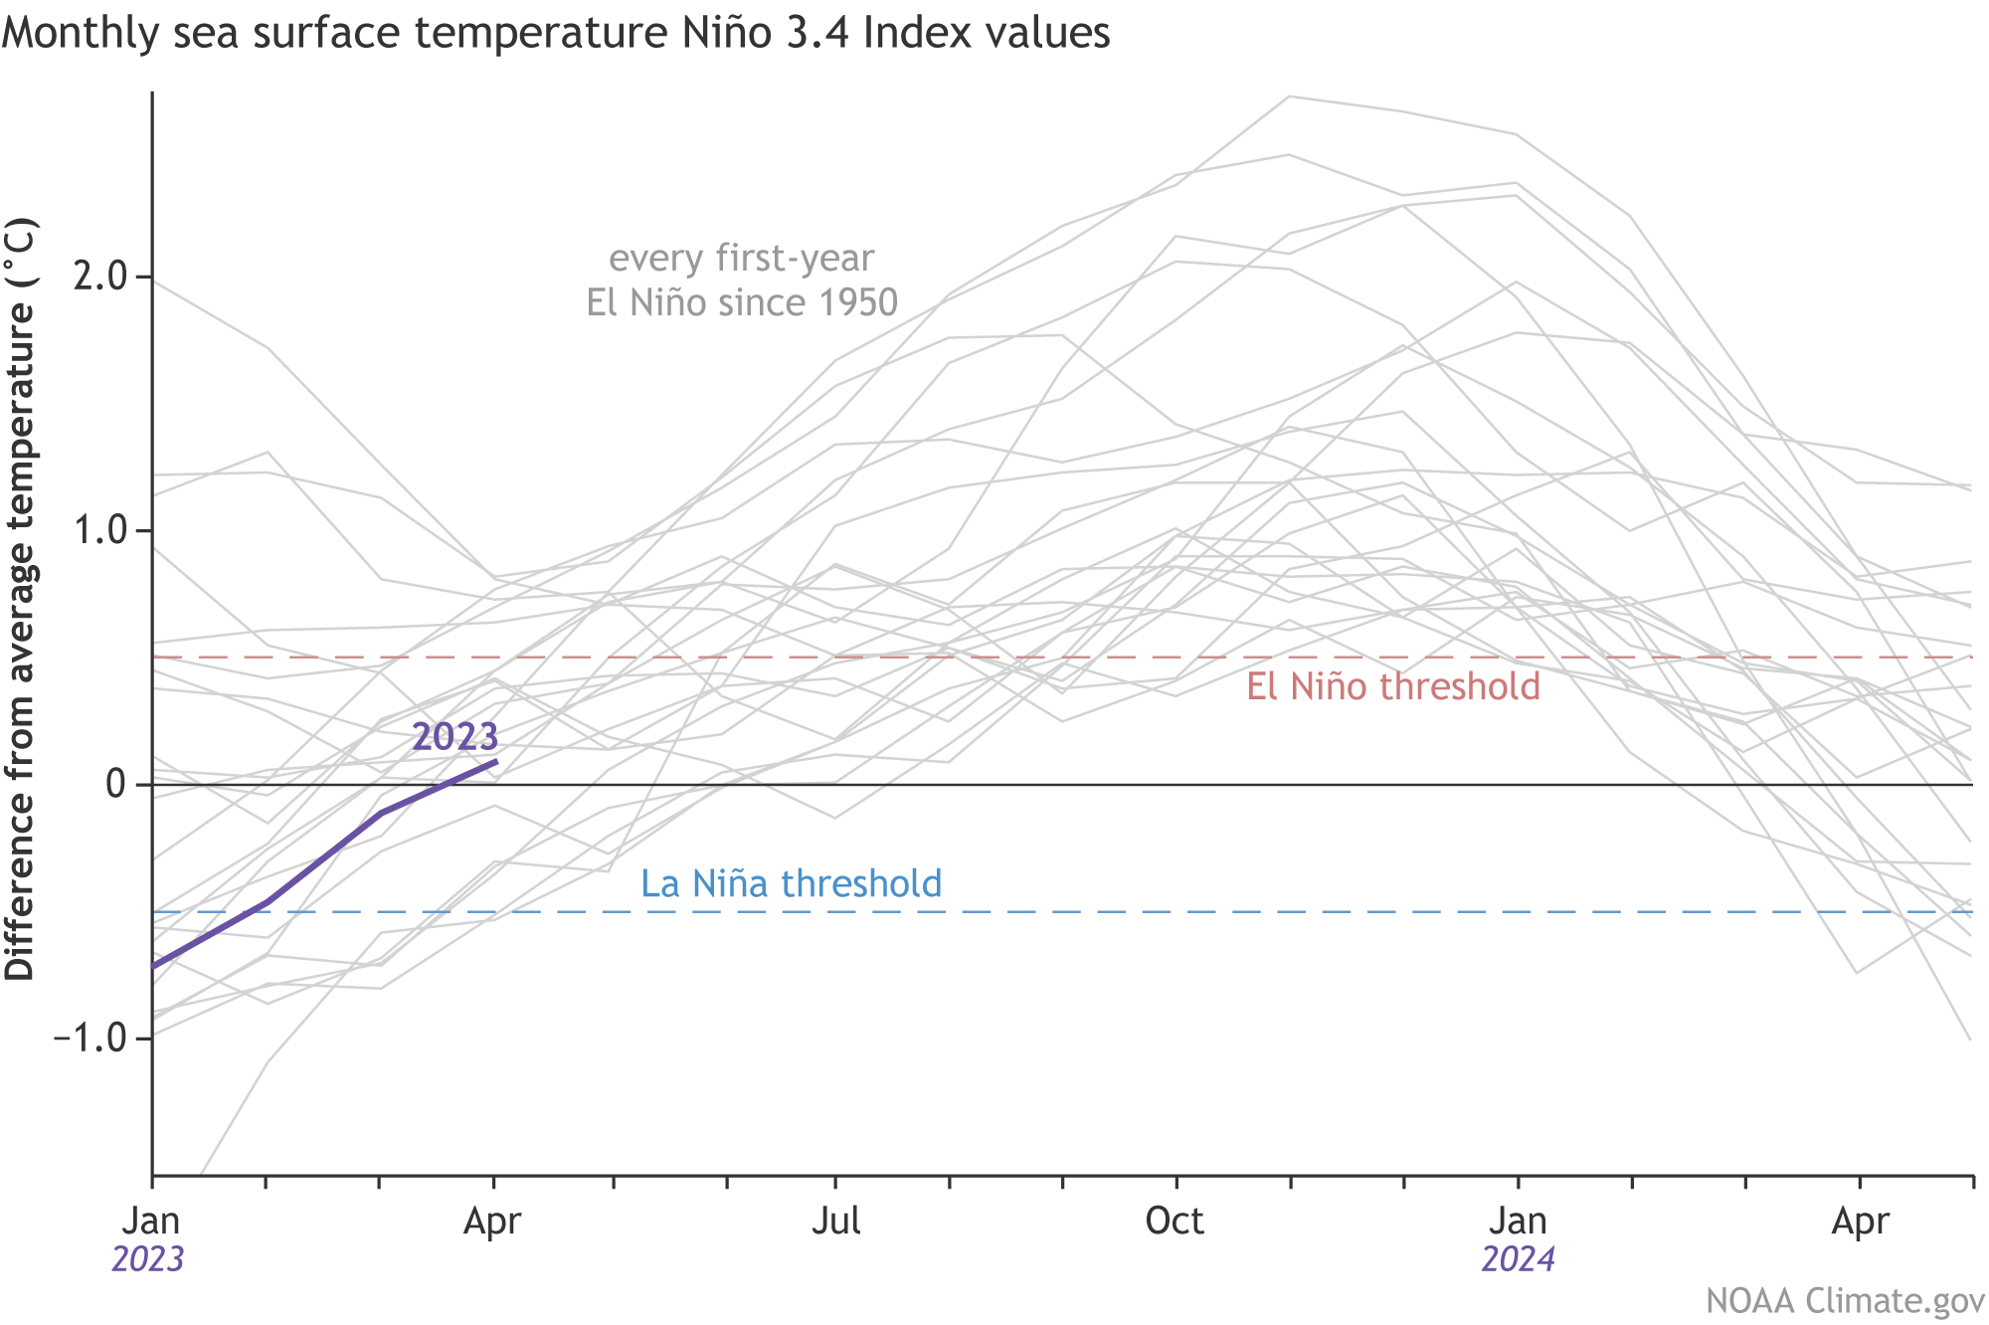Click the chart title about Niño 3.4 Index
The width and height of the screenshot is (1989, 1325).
coord(555,34)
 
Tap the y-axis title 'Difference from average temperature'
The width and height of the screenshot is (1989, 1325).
coord(20,600)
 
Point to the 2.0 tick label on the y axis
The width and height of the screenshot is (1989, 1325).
coord(100,277)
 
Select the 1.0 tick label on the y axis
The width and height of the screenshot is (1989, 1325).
coord(100,530)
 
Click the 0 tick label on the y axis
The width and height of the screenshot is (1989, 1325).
coord(115,785)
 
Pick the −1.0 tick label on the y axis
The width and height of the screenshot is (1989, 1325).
coord(90,1039)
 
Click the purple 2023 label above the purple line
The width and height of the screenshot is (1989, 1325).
coord(454,737)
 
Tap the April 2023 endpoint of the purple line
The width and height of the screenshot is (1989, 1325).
coord(495,762)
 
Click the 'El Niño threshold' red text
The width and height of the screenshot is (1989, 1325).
coord(1393,686)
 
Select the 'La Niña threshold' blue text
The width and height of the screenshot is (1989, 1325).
coord(791,883)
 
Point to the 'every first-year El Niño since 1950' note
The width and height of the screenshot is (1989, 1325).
coord(742,280)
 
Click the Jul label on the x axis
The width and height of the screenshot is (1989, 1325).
coord(835,1221)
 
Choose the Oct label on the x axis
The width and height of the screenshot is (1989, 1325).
coord(1175,1221)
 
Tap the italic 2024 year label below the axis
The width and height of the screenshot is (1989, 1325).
coord(1518,1259)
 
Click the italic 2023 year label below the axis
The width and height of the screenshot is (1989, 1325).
coord(148,1259)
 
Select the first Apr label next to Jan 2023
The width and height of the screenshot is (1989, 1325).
coord(492,1221)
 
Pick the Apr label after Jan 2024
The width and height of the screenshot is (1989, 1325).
coord(1860,1221)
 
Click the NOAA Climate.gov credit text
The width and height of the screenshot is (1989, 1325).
coord(1845,1301)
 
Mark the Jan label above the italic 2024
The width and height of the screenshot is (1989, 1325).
coord(1518,1221)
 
